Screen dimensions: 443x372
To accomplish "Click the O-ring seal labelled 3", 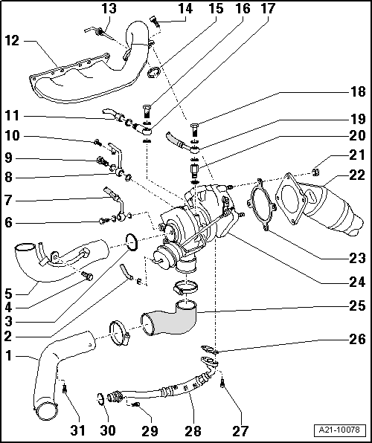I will point(131,242).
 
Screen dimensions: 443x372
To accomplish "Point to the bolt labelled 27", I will point(222,381).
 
